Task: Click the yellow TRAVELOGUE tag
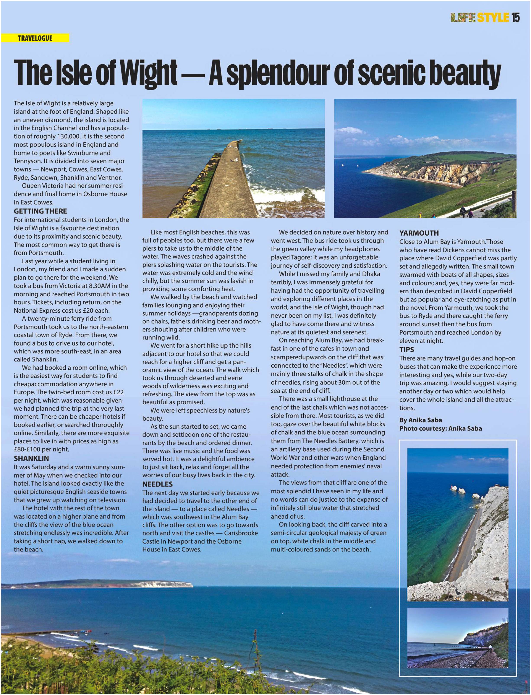[35, 38]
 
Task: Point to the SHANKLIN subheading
[31, 458]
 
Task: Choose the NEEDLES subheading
[157, 484]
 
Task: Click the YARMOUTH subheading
[419, 233]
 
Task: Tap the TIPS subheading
[406, 349]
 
